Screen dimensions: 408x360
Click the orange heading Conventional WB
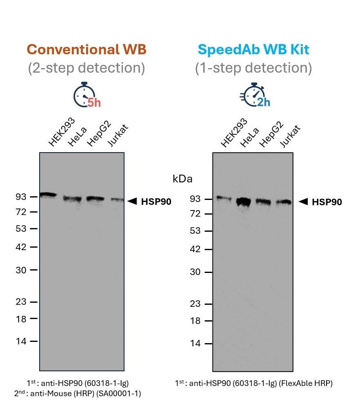pyautogui.click(x=86, y=50)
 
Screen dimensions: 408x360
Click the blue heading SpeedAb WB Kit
pyautogui.click(x=253, y=50)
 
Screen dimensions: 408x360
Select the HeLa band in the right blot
pyautogui.click(x=244, y=202)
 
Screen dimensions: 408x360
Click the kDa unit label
pyautogui.click(x=182, y=179)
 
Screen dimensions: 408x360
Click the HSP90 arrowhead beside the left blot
pyautogui.click(x=132, y=201)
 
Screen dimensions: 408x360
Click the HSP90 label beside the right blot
pyautogui.click(x=327, y=202)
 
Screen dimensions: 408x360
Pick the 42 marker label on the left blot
pyautogui.click(x=21, y=247)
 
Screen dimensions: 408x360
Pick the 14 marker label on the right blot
pyautogui.click(x=196, y=343)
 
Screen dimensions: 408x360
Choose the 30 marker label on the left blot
pyautogui.click(x=21, y=270)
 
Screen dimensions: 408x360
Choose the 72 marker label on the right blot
pyautogui.click(x=196, y=214)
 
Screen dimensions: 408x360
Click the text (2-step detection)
pyautogui.click(x=87, y=68)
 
